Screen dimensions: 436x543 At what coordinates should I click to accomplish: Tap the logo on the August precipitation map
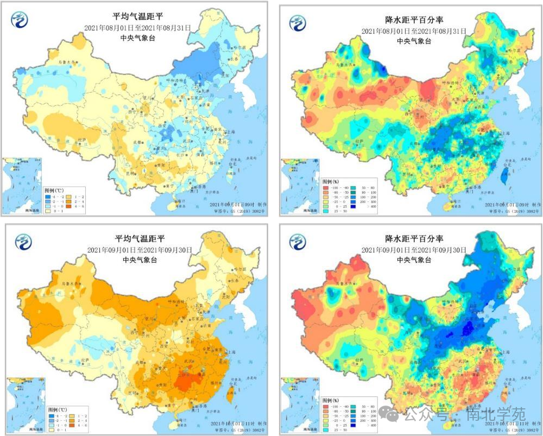tap(298, 23)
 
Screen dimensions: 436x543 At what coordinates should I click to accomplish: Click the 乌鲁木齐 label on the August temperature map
tap(68, 62)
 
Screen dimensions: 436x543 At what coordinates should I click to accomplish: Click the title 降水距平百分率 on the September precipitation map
tap(414, 239)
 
